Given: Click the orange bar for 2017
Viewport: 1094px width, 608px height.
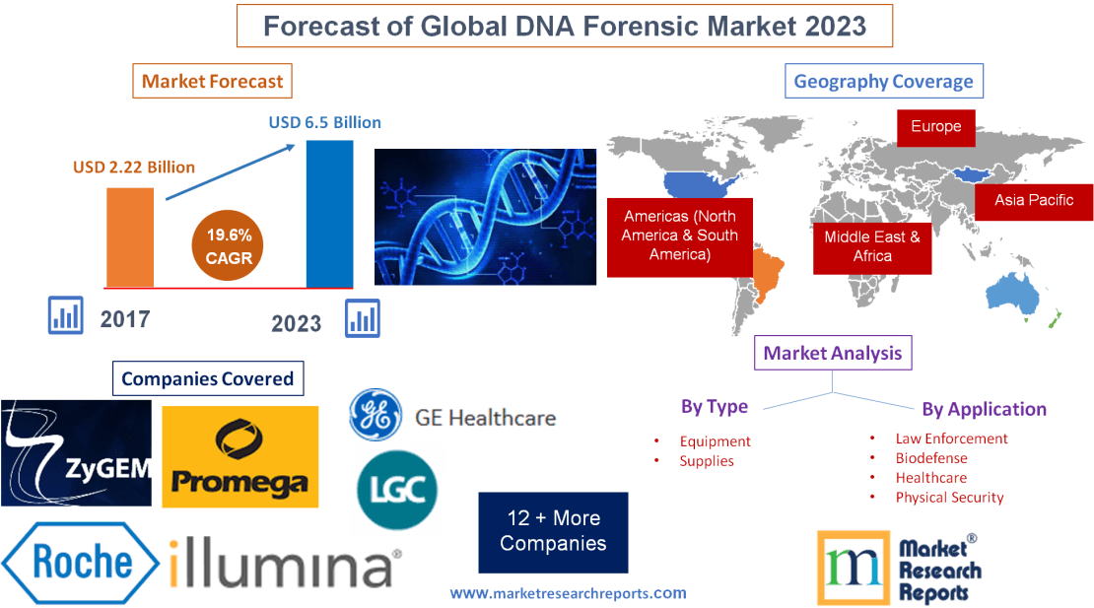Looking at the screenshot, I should click(x=130, y=236).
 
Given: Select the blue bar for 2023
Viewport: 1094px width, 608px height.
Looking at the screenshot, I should click(x=329, y=213).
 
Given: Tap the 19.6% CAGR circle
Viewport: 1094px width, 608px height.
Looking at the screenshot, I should click(x=229, y=246).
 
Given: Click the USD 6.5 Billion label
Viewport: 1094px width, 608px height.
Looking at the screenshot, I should click(x=324, y=123).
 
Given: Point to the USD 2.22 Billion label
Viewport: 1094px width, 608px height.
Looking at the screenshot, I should click(x=134, y=167).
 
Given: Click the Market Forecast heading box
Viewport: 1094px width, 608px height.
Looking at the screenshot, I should click(x=212, y=81).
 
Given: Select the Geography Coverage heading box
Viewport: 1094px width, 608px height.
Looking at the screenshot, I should click(x=883, y=81).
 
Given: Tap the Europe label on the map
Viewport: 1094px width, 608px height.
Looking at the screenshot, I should click(x=935, y=126).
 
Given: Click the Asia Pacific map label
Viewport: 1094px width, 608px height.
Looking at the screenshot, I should click(x=1033, y=200).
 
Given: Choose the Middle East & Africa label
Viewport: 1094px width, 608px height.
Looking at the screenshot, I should click(x=871, y=246).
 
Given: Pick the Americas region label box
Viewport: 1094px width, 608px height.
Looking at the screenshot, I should click(x=679, y=236).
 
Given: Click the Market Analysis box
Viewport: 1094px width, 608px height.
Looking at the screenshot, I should click(x=833, y=353).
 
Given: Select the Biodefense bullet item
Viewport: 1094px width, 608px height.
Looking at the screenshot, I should click(x=930, y=458).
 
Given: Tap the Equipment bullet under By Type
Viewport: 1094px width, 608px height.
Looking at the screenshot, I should click(x=715, y=441).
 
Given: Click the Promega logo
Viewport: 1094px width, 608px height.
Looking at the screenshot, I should click(x=239, y=456).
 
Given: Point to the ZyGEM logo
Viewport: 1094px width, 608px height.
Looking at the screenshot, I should click(x=76, y=452).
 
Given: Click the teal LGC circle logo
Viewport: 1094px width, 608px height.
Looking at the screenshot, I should click(x=396, y=490).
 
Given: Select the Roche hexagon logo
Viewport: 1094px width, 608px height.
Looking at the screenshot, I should click(x=81, y=563).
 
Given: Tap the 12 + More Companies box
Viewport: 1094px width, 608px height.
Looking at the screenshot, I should click(x=553, y=532).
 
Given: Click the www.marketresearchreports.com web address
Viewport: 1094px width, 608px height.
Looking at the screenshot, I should click(x=568, y=593).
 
